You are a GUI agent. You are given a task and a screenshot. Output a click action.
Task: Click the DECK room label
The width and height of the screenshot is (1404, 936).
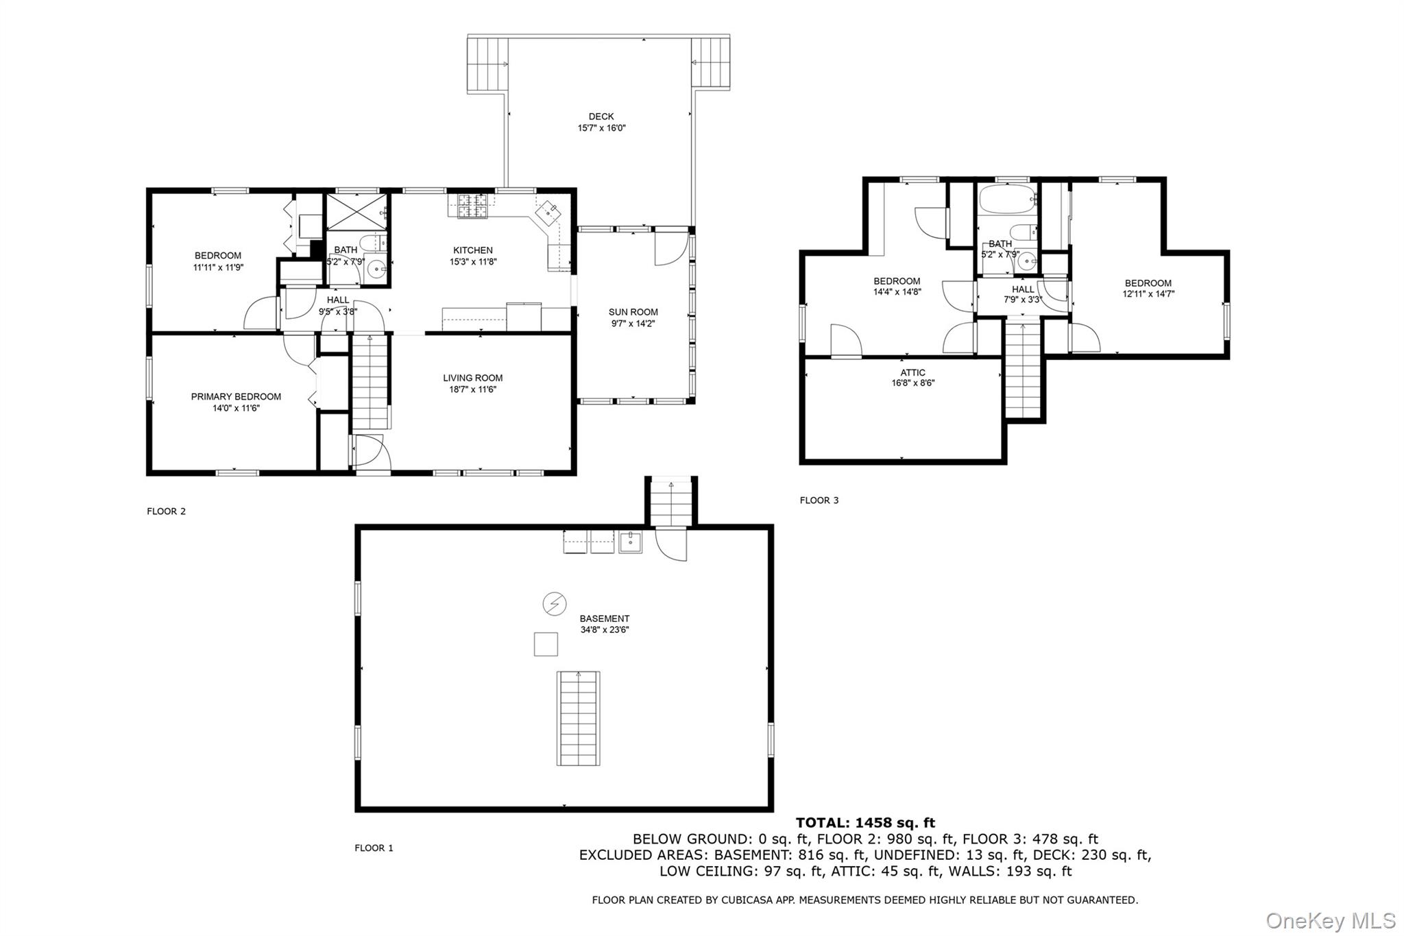click(601, 117)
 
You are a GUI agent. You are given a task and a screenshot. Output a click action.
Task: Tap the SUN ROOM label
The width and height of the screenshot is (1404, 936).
click(633, 312)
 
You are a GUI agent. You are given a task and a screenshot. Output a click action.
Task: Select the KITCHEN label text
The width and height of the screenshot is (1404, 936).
click(473, 250)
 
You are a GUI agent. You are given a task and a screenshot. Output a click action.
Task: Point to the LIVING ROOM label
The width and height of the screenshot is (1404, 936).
click(473, 378)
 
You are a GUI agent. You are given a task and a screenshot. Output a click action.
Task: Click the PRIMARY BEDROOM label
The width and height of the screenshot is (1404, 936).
click(236, 396)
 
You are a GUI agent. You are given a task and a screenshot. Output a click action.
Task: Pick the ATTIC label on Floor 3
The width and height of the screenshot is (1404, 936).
click(913, 372)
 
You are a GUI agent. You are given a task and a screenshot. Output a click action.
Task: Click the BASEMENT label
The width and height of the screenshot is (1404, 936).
click(605, 619)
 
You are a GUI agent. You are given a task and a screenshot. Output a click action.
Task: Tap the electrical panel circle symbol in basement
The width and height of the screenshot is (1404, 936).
click(554, 604)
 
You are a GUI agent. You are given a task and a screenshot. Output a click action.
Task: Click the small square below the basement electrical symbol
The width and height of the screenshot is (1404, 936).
click(546, 645)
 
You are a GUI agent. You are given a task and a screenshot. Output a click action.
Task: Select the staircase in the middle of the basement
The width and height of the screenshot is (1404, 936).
click(578, 719)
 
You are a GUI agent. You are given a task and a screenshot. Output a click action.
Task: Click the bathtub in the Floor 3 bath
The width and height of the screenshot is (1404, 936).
click(1006, 200)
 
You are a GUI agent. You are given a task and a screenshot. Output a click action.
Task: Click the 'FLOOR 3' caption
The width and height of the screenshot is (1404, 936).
click(819, 501)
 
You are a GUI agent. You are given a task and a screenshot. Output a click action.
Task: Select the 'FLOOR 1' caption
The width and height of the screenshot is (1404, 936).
click(374, 848)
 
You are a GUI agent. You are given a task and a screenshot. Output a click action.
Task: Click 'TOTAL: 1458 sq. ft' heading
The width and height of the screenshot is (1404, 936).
click(865, 823)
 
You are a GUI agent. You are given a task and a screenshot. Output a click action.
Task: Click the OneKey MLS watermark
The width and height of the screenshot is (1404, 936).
click(1331, 920)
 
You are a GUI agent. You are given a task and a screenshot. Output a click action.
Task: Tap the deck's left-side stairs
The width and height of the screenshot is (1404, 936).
click(487, 64)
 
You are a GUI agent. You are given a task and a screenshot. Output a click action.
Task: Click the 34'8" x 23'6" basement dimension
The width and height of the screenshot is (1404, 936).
click(605, 630)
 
